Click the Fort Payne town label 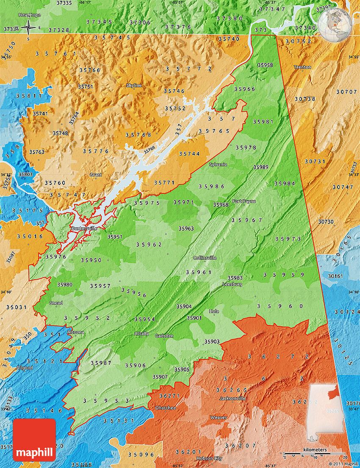[244, 201]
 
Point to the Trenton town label [302, 67]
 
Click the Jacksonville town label [232, 398]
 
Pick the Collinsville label [205, 258]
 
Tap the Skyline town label [134, 85]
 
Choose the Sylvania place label [218, 164]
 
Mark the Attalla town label [141, 333]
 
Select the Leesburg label [233, 284]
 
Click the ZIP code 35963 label [186, 228]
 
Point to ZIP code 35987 [101, 363]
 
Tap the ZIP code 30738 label [305, 99]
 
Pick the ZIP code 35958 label [265, 65]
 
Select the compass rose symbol [28, 28]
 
